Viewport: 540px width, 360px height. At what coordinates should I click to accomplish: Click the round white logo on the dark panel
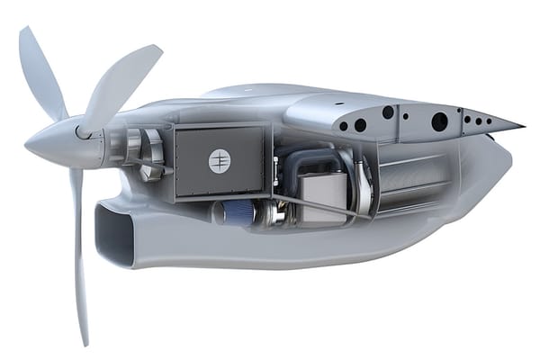coord(220,160)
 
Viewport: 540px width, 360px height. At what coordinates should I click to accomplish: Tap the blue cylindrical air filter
coord(236,212)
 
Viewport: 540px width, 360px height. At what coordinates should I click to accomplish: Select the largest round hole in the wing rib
coord(440,122)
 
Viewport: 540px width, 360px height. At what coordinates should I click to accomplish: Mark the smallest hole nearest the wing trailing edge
coord(490,121)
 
